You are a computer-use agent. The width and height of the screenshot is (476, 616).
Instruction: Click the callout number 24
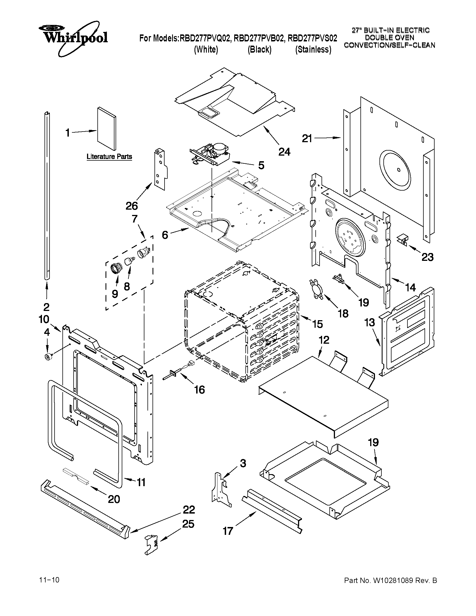284,152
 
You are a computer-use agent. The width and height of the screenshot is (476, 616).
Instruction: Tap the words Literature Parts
109,156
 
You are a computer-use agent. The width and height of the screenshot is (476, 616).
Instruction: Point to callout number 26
132,206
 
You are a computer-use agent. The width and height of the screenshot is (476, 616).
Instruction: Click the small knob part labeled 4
47,357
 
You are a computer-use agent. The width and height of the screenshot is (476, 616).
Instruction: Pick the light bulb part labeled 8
130,261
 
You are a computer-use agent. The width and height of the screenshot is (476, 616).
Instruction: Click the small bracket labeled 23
403,239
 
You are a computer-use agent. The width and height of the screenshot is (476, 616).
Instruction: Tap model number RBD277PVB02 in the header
258,38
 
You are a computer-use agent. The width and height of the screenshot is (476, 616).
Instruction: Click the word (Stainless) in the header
313,50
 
